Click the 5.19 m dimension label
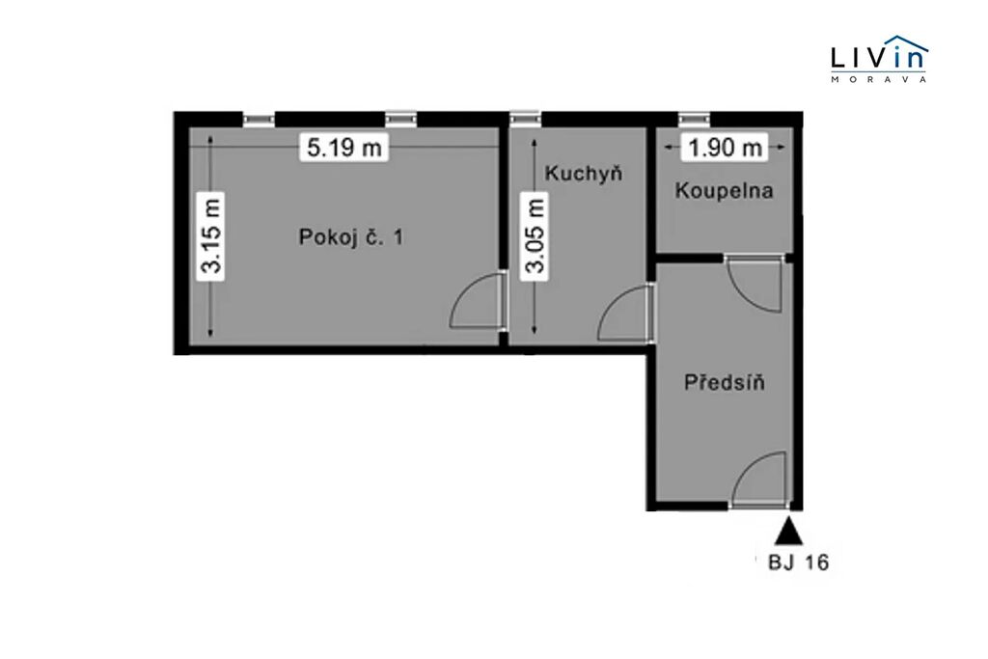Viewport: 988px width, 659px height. point(344,148)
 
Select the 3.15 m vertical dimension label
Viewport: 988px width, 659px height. point(211,235)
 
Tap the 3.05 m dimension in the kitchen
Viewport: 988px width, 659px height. point(535,235)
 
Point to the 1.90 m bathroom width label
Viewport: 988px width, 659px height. point(726,148)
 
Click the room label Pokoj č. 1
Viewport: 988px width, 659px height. point(351,237)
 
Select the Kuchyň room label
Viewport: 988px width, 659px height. point(584,173)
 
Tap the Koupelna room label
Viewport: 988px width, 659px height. point(724,190)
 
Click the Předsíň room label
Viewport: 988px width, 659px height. point(725,382)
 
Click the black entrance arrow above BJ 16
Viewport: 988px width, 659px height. point(788,531)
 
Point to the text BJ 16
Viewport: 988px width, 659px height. point(798,562)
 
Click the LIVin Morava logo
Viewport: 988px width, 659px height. point(879,59)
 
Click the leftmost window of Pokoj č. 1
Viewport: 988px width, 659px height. point(259,120)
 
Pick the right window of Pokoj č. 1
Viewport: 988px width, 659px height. point(401,120)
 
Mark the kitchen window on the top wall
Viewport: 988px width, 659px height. point(526,120)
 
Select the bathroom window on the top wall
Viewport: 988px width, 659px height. point(694,120)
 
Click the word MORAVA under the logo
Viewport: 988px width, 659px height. point(879,79)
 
